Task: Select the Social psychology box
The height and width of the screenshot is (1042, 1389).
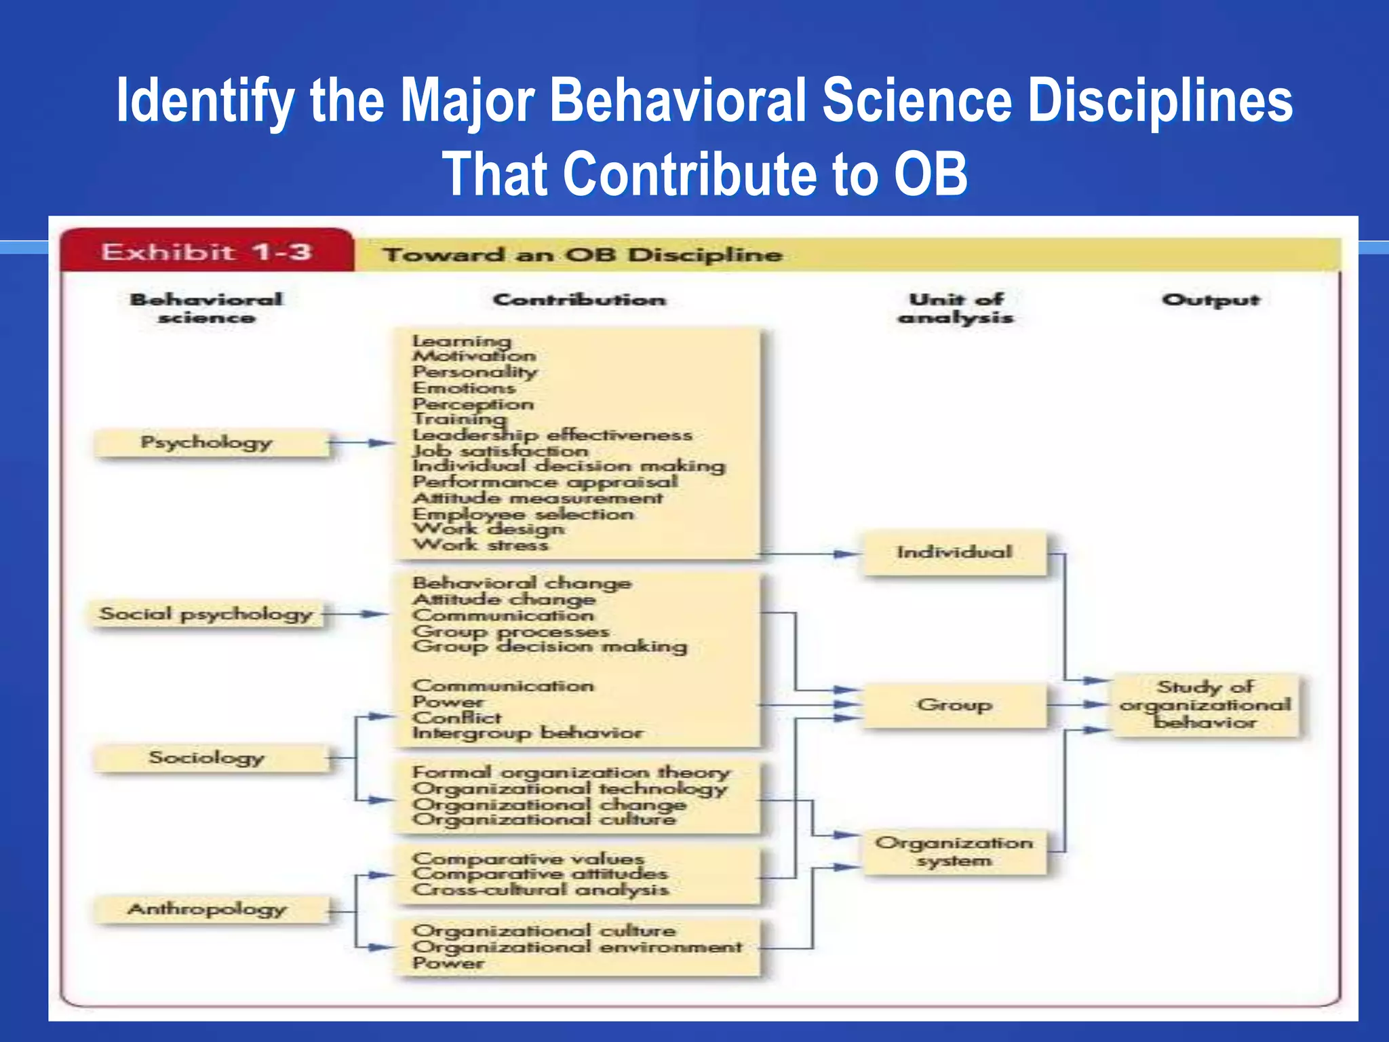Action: [206, 615]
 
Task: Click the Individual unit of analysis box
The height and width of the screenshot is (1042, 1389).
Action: [954, 553]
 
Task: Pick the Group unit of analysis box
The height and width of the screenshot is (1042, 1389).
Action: [954, 706]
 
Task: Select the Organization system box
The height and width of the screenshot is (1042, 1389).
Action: [954, 852]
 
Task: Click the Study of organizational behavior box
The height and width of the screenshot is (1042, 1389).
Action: [1206, 705]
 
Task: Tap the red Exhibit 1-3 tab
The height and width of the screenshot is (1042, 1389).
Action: [206, 252]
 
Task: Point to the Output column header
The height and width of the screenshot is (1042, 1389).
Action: [1210, 300]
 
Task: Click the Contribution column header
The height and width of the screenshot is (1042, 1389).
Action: [579, 300]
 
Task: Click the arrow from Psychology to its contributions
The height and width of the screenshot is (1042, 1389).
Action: [362, 443]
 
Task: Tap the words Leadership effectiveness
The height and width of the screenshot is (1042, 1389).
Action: [553, 435]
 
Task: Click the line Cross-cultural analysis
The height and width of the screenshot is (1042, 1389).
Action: [541, 889]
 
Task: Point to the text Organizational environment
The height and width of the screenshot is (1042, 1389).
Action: [577, 946]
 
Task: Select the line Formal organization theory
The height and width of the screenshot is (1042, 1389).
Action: [571, 773]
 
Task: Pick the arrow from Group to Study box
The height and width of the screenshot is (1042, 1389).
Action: [1078, 705]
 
